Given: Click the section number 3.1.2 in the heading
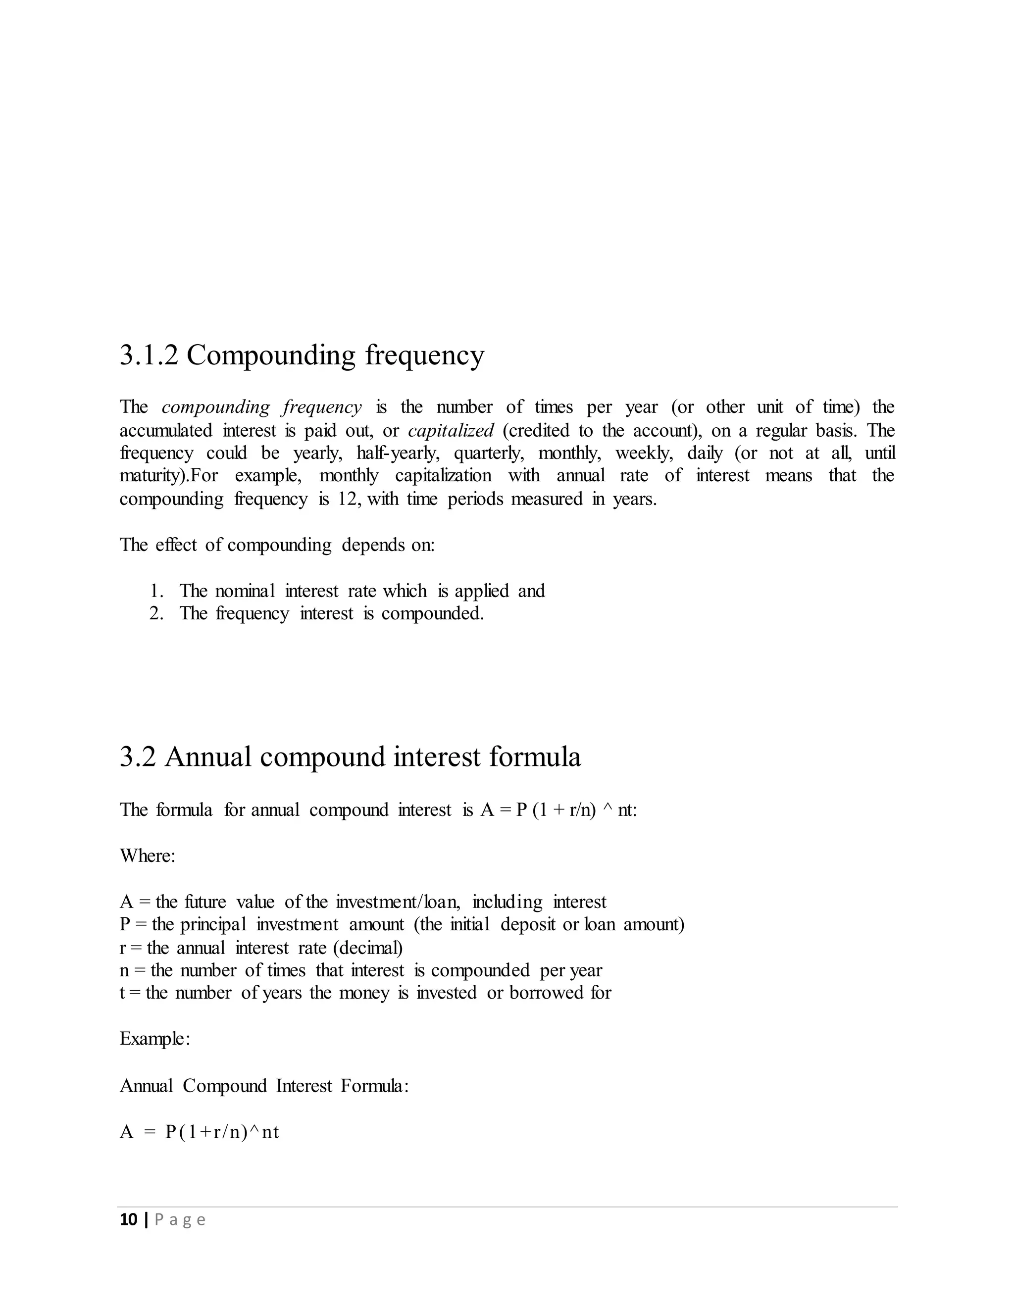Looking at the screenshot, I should (149, 355).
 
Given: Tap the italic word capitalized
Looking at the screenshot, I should (451, 431).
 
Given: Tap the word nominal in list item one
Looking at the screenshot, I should (245, 591).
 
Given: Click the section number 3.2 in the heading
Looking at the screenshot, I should (138, 757).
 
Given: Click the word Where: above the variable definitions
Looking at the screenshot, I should (147, 856).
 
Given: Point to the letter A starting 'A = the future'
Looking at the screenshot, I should (126, 902).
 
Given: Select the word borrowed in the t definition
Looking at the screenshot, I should (547, 993).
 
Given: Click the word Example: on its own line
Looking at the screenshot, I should (155, 1039).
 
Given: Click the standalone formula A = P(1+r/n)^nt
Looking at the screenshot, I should (200, 1132).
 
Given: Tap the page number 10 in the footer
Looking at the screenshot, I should (129, 1219).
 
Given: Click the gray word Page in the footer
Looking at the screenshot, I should (180, 1220).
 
